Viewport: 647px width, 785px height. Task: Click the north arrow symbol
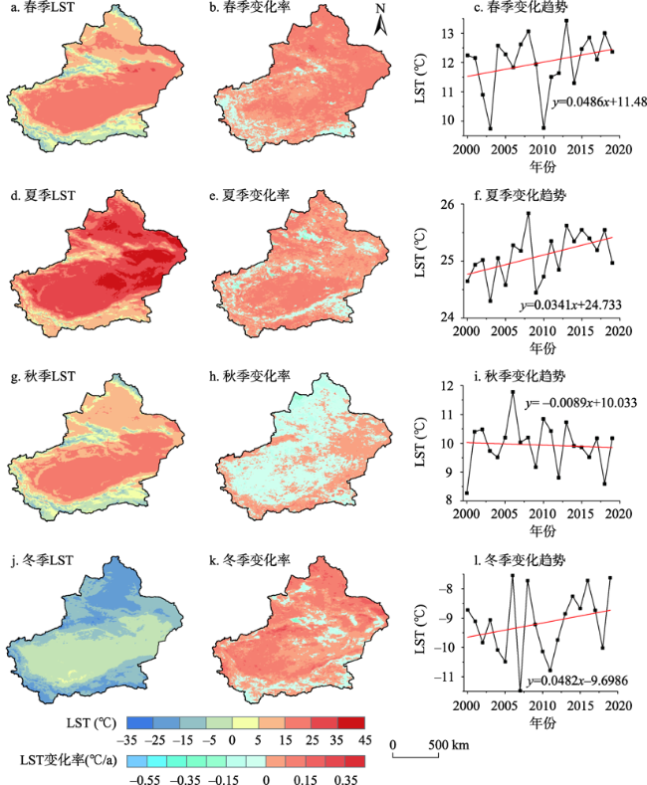(380, 22)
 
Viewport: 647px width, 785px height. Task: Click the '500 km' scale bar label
(450, 745)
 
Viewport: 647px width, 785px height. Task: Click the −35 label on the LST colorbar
(126, 741)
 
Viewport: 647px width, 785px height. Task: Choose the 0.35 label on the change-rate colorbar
(345, 779)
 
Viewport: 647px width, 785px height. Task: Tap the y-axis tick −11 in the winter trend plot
(446, 677)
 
